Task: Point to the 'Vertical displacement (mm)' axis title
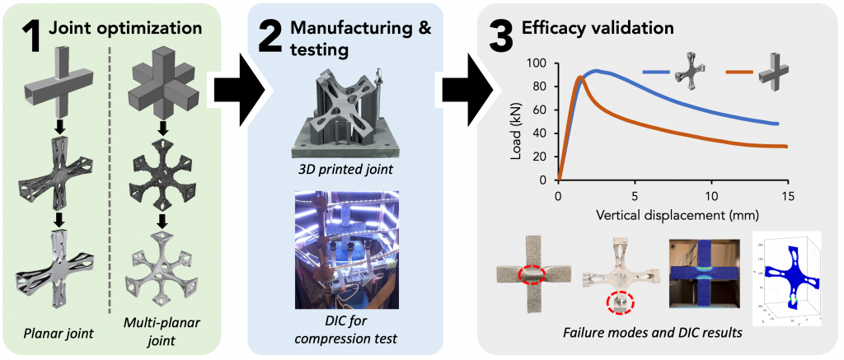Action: tap(673, 216)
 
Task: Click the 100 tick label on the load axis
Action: tap(539, 63)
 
